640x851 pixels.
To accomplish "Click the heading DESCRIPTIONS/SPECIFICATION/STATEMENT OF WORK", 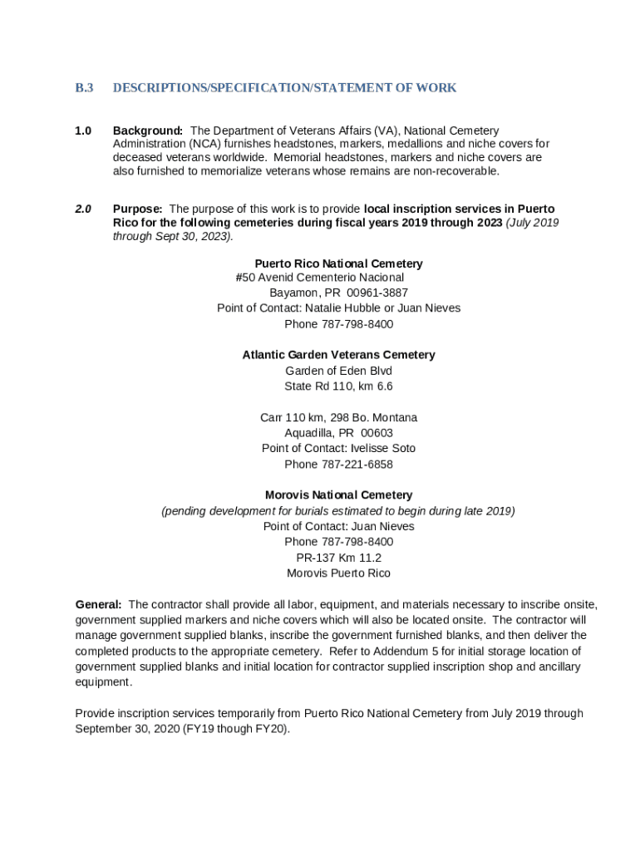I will point(284,88).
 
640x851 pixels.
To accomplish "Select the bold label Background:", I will point(148,130).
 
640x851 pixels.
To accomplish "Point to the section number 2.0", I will point(83,209).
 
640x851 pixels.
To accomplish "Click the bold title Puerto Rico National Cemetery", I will point(338,263).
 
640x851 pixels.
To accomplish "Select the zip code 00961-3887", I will point(377,293).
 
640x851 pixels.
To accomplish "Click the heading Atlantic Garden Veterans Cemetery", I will point(338,355).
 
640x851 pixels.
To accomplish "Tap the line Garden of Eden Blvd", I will point(338,371).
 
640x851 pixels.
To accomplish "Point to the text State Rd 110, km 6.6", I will point(338,386).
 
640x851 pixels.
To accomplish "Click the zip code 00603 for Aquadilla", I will point(377,433).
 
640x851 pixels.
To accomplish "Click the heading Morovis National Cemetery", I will point(338,495).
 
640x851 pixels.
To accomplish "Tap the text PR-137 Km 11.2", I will point(338,558).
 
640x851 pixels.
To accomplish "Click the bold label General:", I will point(98,604).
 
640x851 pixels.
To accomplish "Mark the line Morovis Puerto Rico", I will point(338,573).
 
